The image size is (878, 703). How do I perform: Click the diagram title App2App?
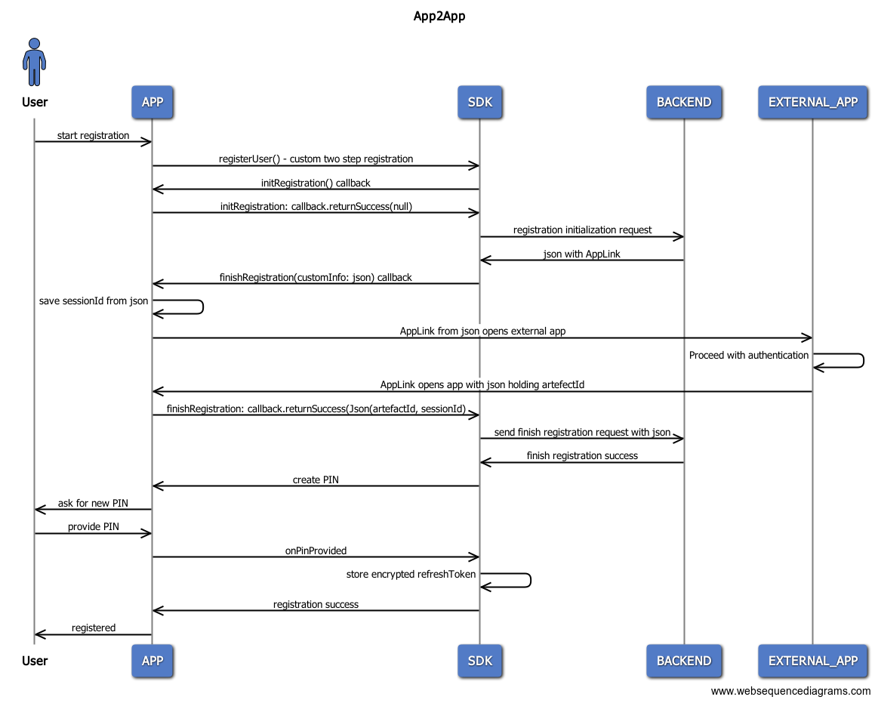[x=439, y=16]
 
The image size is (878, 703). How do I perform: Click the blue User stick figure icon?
[x=34, y=62]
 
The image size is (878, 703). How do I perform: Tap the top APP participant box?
[x=152, y=102]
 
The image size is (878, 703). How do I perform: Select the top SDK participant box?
[x=479, y=102]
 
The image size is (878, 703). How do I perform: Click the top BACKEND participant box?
[x=683, y=102]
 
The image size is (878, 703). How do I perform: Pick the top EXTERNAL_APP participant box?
[x=812, y=102]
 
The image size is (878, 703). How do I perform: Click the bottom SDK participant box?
[x=479, y=661]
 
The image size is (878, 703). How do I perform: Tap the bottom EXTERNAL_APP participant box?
[x=812, y=661]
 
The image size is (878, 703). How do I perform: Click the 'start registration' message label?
[x=93, y=136]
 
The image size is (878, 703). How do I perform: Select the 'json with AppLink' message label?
[x=581, y=254]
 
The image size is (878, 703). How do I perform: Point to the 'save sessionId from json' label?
[x=94, y=301]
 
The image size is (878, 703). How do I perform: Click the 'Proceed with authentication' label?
[x=748, y=355]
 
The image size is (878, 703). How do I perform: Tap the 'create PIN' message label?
[x=316, y=479]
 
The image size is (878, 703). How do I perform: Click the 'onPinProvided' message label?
[x=316, y=550]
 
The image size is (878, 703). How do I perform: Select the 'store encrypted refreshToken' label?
[x=411, y=574]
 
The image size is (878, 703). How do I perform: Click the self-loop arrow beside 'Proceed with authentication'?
[x=846, y=361]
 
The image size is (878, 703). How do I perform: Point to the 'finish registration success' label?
[x=581, y=455]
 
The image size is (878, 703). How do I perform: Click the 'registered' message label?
[x=94, y=627]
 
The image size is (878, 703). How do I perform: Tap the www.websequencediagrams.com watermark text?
[x=790, y=691]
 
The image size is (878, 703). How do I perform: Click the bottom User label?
[x=35, y=661]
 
